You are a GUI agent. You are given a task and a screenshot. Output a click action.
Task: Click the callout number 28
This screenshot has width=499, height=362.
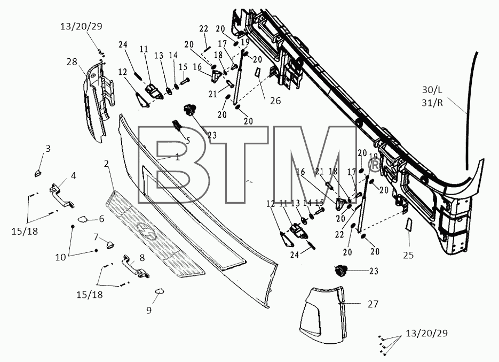[72, 61]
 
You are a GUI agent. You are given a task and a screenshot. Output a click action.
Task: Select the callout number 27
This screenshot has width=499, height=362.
[373, 304]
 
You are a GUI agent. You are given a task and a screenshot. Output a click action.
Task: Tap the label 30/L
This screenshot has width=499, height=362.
[432, 90]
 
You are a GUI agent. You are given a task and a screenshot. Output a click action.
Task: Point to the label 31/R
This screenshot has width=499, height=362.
[432, 103]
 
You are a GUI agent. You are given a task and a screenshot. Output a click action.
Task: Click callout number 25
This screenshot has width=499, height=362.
[409, 255]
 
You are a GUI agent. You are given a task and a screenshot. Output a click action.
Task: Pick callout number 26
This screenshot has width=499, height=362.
[275, 101]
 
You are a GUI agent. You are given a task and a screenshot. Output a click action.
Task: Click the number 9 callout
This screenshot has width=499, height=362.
[149, 310]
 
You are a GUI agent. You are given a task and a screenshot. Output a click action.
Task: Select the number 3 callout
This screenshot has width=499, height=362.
[48, 149]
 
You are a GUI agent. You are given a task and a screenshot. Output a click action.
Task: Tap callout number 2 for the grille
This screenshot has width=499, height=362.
[106, 164]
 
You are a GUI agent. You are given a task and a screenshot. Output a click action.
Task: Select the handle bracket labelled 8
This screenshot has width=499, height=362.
[136, 266]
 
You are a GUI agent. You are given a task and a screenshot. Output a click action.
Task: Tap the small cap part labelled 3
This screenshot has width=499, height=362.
[38, 173]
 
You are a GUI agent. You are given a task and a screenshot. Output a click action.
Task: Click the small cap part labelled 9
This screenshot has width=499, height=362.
[159, 290]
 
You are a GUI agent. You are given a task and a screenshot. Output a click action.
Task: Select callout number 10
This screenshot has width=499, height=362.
[60, 257]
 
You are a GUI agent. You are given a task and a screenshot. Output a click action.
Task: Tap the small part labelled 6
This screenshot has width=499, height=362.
[83, 219]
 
